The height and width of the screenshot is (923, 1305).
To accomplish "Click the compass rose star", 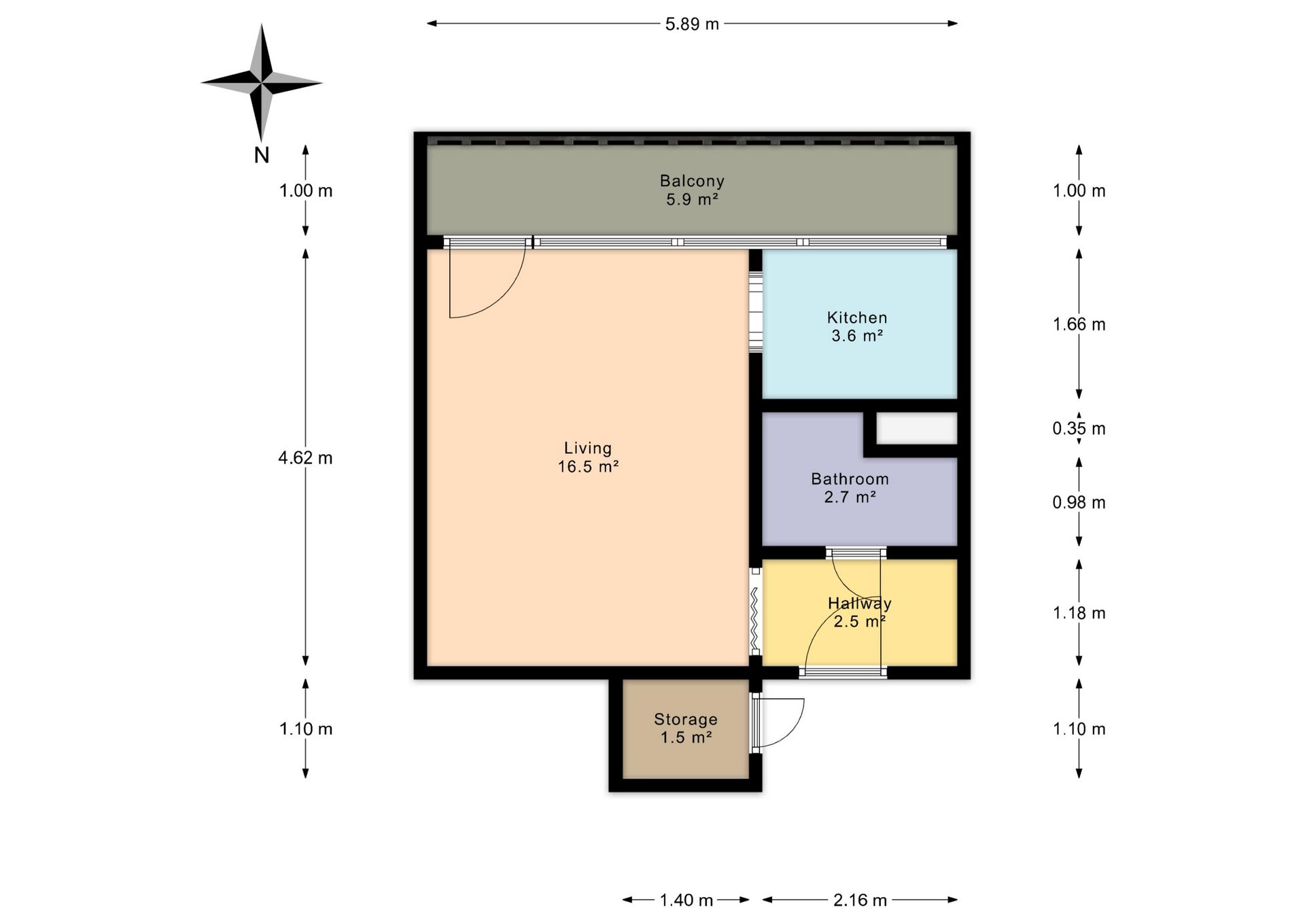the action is (262, 83).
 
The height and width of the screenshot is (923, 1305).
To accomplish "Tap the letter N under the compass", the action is (262, 156).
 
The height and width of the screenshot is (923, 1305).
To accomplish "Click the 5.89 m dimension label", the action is (692, 24).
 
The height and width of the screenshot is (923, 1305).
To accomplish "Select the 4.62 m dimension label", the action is (305, 458).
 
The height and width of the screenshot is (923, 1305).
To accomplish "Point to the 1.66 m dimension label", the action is (1079, 324).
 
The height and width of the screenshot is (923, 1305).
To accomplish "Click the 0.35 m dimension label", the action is (1079, 428).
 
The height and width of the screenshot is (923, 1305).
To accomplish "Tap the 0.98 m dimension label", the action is (1079, 502).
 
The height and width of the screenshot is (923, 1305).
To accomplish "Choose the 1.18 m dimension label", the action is (1079, 613).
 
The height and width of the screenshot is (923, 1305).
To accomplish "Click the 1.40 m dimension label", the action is (686, 901).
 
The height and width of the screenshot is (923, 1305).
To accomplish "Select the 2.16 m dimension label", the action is (860, 901).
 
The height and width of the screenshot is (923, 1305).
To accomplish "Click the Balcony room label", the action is (692, 181).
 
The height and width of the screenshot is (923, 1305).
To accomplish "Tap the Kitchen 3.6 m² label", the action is (857, 326).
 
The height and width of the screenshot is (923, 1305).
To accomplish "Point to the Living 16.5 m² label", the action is (588, 457).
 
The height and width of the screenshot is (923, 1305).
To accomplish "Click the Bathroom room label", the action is (850, 479).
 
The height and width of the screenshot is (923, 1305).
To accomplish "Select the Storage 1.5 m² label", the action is (686, 728).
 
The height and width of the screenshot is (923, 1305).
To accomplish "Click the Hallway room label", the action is (860, 603).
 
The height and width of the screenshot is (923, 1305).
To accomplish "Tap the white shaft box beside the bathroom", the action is (917, 428).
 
